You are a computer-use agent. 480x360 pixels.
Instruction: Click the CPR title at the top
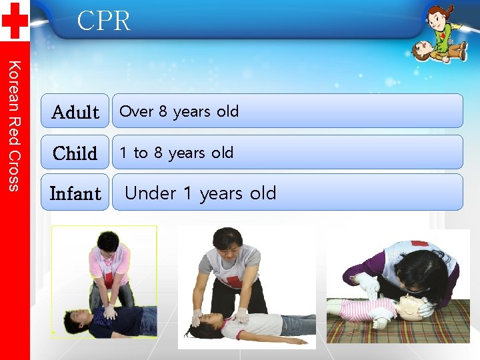click(x=103, y=21)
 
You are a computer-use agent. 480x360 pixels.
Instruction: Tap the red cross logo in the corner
click(x=14, y=20)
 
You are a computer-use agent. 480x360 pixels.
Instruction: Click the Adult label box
click(x=75, y=111)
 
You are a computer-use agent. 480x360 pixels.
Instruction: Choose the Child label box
click(x=75, y=153)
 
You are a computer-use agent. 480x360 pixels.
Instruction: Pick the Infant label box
click(x=75, y=193)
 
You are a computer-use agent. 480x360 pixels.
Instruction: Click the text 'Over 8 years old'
click(x=179, y=111)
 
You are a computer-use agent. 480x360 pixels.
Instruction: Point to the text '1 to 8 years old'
click(x=176, y=153)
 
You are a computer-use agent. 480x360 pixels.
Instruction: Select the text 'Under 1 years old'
click(x=200, y=193)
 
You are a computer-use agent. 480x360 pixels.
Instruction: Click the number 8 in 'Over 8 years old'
click(x=163, y=111)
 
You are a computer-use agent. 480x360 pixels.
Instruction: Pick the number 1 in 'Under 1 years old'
click(x=187, y=193)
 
